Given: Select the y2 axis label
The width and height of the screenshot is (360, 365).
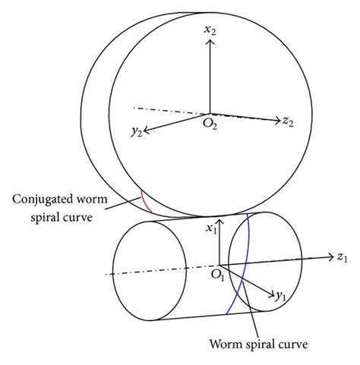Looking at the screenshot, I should (136, 135).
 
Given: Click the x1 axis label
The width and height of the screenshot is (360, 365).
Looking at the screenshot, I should (213, 226).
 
